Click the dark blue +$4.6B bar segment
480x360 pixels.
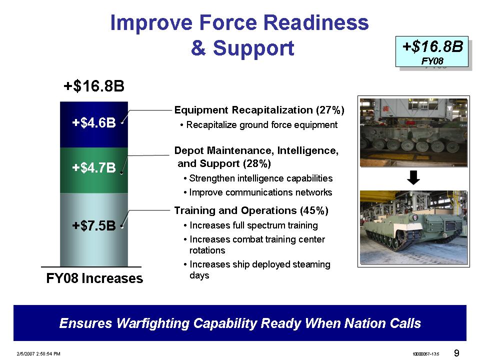pyautogui.click(x=93, y=124)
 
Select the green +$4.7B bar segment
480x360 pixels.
pyautogui.click(x=93, y=170)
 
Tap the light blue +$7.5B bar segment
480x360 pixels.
pyautogui.click(x=93, y=229)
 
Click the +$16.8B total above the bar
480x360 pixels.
pyautogui.click(x=93, y=86)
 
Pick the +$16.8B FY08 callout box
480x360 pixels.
pyautogui.click(x=432, y=51)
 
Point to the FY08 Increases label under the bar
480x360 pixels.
pyautogui.click(x=94, y=278)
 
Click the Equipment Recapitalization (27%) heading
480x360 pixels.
pyautogui.click(x=259, y=110)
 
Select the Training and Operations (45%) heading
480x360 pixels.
pyautogui.click(x=251, y=210)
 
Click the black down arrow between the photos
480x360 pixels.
pyautogui.click(x=413, y=177)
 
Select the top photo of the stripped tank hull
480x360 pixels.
pyautogui.click(x=413, y=132)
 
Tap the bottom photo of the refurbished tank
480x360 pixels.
pyautogui.click(x=413, y=227)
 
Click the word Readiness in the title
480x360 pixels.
pyautogui.click(x=316, y=22)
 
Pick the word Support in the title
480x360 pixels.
pyautogui.click(x=253, y=48)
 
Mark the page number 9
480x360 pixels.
pyautogui.click(x=456, y=353)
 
